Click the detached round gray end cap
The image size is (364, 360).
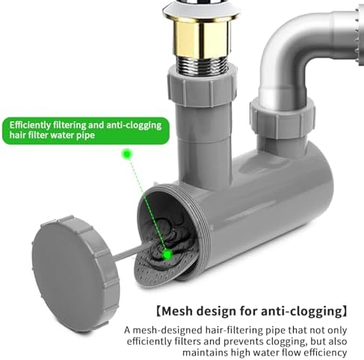(76, 273)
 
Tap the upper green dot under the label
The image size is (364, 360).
(127, 154)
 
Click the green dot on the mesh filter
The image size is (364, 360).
(167, 254)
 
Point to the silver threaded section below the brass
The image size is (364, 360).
(203, 65)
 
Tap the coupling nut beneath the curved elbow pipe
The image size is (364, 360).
(283, 118)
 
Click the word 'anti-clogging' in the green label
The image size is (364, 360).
(134, 126)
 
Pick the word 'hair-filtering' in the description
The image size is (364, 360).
(235, 331)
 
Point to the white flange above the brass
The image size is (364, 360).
(201, 13)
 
